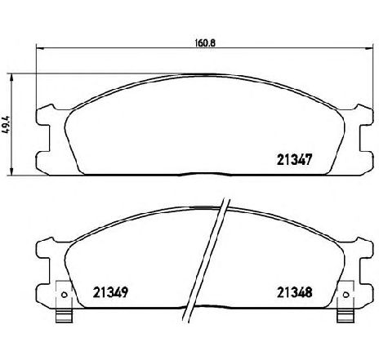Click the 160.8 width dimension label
[x=205, y=43]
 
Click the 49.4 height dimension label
[x=6, y=125]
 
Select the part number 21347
[x=294, y=159]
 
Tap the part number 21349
[x=110, y=292]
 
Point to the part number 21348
[x=294, y=292]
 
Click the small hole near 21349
[x=65, y=295]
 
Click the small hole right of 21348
[x=346, y=295]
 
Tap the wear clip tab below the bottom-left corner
[x=65, y=316]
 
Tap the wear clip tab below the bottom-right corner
[x=346, y=316]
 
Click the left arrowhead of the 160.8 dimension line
[x=40, y=48]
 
